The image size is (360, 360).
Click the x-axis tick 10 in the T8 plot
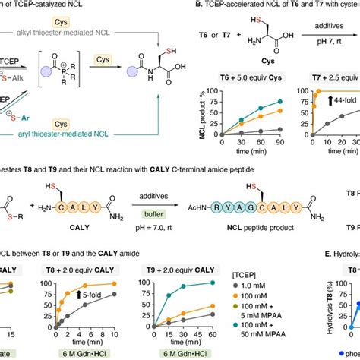click(x=115, y=334)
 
